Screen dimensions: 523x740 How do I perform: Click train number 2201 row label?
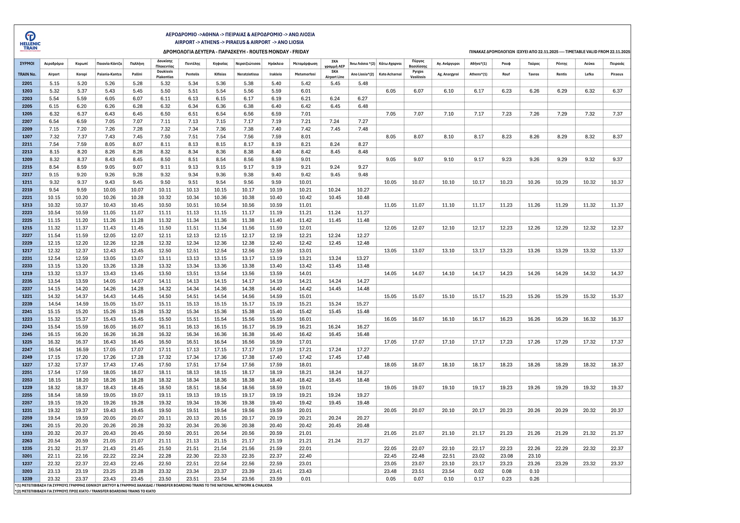point(27,83)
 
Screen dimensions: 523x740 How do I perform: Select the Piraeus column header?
point(617,69)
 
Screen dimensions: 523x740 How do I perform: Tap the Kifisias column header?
point(220,69)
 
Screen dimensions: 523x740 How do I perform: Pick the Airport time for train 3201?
point(54,456)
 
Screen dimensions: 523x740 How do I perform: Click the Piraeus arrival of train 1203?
point(617,91)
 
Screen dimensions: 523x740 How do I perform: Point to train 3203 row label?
point(27,471)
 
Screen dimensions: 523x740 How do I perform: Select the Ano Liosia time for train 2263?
point(363,441)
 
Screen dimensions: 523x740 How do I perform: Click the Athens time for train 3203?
point(479,471)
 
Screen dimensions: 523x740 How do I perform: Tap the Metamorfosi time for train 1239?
point(306,479)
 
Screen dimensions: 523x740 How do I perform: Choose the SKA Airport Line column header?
point(335,69)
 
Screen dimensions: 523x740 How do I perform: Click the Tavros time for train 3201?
point(534,456)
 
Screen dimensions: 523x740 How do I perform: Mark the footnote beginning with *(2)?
point(85,491)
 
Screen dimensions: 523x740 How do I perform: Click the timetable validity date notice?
point(549,52)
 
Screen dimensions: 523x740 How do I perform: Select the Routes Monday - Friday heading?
point(236,52)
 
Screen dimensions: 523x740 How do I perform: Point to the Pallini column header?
point(137,69)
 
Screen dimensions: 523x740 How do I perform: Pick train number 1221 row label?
point(27,296)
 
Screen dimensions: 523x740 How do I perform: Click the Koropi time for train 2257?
point(82,403)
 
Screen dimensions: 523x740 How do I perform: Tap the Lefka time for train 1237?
point(589,464)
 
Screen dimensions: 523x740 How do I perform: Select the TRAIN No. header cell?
point(27,74)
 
